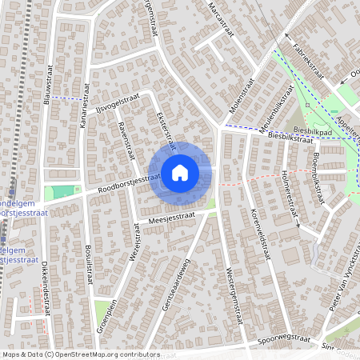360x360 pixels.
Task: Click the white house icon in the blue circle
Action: click(x=179, y=171)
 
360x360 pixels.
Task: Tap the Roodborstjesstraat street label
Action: click(x=123, y=183)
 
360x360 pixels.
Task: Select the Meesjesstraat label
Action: click(x=171, y=217)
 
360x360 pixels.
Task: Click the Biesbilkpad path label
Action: click(x=312, y=128)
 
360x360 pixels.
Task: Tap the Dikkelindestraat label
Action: click(x=46, y=288)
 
